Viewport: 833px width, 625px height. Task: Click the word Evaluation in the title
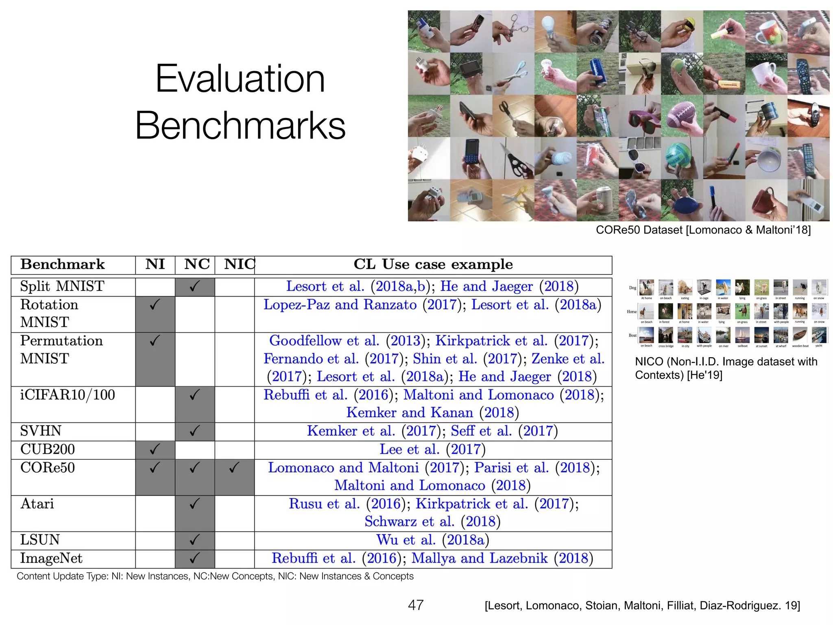[x=240, y=79]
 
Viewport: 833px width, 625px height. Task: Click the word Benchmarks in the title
[x=240, y=125]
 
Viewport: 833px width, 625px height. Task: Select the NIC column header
[x=240, y=264]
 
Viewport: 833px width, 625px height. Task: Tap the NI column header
[x=155, y=264]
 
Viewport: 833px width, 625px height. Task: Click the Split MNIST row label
[x=62, y=286]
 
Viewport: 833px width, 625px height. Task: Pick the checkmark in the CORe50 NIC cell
[x=234, y=468]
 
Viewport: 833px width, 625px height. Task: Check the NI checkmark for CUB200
[x=155, y=450]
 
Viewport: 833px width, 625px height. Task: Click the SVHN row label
[x=41, y=431]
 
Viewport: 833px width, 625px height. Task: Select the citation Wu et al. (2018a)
[x=432, y=540]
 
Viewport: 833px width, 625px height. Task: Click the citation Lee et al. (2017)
[x=432, y=450]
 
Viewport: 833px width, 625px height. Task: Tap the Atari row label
[x=37, y=504]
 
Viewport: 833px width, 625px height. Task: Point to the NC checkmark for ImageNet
[x=194, y=558]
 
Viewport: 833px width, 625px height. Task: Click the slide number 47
[x=416, y=605]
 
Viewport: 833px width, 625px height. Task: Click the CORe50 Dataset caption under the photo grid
[x=703, y=230]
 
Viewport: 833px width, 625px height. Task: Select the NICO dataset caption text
[x=726, y=368]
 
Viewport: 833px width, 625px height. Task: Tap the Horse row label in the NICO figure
[x=631, y=312]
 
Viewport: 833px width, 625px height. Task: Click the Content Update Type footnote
[x=215, y=576]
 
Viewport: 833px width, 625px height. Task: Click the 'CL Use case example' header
[x=433, y=264]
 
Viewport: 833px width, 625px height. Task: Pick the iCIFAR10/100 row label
[x=68, y=395]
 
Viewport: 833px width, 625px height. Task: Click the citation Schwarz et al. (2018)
[x=432, y=522]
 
